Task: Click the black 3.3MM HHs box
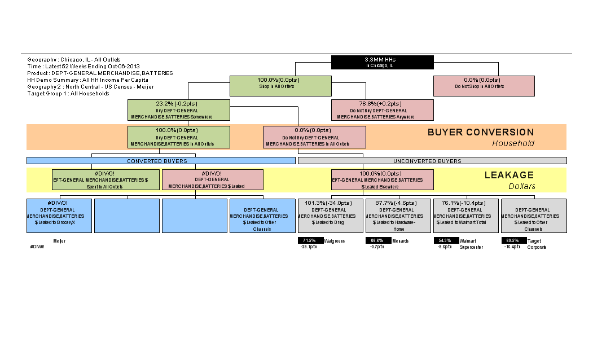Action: [x=382, y=62]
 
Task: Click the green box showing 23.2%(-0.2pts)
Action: [x=179, y=110]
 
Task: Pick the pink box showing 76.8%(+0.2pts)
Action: [x=382, y=110]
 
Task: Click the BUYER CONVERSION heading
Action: [x=480, y=133]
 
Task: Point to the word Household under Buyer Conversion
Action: [x=513, y=143]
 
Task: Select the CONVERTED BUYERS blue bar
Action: [x=161, y=161]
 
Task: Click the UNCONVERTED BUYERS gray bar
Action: [x=432, y=161]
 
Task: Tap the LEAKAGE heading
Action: [x=509, y=175]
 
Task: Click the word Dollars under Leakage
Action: [x=521, y=186]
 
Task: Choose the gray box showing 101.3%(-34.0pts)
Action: [x=330, y=216]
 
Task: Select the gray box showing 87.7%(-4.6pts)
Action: [x=398, y=216]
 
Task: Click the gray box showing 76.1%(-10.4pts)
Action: [x=465, y=216]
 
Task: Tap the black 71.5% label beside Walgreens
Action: [x=310, y=240]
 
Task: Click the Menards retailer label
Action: [x=400, y=241]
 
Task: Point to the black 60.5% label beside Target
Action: [x=513, y=240]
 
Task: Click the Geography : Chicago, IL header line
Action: [x=74, y=59]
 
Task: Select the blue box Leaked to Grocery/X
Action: [x=59, y=216]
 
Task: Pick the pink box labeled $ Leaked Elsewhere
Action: [x=382, y=180]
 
